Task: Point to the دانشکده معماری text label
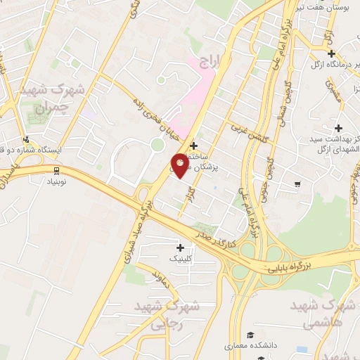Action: (x=247, y=346)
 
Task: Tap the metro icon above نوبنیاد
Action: (x=56, y=170)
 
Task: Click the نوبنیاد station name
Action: (x=56, y=181)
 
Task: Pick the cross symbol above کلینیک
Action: (x=181, y=247)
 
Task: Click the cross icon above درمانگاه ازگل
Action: (x=331, y=54)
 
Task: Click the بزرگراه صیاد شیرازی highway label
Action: (x=139, y=232)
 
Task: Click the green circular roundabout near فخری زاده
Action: (x=157, y=144)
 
